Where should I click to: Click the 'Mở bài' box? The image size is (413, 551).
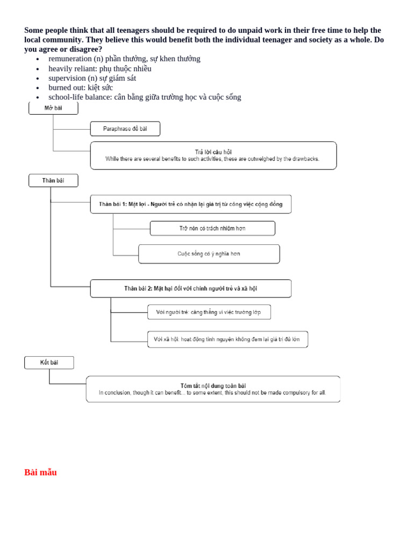(53, 108)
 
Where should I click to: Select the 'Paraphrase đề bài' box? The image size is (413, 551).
(125, 129)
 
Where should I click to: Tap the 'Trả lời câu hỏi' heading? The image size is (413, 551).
(213, 152)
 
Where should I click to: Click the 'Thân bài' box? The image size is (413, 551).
(53, 180)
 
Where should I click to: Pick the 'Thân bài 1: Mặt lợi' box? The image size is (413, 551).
(190, 204)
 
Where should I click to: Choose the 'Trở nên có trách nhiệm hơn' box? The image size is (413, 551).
(212, 228)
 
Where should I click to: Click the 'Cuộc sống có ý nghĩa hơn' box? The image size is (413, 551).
(209, 253)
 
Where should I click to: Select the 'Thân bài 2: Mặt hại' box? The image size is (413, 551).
(190, 288)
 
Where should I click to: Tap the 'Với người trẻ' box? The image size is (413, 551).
(209, 312)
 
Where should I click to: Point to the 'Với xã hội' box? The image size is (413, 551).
(227, 339)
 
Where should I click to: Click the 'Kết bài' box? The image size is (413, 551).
(49, 363)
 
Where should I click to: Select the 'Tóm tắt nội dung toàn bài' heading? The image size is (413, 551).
(213, 385)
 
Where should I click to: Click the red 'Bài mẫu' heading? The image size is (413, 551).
(40, 472)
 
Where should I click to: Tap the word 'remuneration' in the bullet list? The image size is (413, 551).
(70, 59)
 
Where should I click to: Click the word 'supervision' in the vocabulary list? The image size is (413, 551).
(67, 78)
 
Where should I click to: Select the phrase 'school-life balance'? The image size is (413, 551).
(79, 97)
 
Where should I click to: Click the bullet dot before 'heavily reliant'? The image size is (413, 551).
(37, 69)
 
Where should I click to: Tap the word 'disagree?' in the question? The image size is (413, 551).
(85, 49)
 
